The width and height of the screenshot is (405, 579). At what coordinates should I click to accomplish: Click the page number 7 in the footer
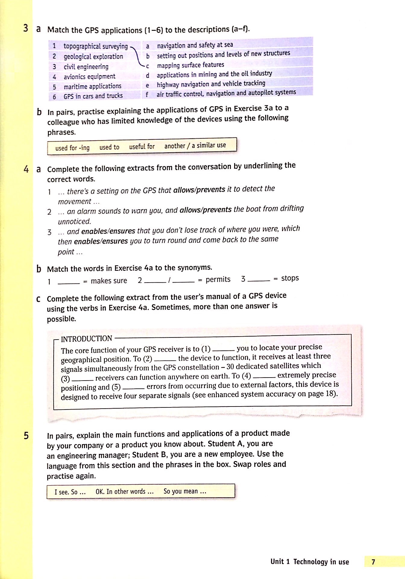[373, 562]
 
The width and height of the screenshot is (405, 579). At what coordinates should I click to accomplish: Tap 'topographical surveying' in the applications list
[96, 46]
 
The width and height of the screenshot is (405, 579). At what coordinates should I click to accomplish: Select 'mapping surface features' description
[190, 65]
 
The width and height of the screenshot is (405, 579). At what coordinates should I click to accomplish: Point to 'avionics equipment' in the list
[89, 77]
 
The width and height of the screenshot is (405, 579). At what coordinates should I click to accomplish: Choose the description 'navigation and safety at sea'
[195, 45]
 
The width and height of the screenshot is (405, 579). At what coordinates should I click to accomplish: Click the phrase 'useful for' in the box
[142, 147]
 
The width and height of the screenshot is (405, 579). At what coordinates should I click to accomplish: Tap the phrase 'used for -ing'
[72, 148]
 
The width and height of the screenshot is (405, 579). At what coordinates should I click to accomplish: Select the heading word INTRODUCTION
[86, 339]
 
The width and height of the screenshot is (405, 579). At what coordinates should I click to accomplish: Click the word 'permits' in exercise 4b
[218, 280]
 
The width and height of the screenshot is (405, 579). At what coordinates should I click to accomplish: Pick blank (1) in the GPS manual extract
[223, 350]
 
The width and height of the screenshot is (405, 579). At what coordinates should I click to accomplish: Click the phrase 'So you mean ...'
[185, 491]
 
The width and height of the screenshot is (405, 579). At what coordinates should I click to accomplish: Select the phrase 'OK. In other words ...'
[124, 492]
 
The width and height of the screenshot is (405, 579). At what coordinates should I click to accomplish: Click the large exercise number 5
[26, 435]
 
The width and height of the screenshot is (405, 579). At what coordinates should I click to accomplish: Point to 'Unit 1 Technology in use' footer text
[309, 562]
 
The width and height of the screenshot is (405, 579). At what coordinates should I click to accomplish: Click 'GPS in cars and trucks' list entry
[93, 96]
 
